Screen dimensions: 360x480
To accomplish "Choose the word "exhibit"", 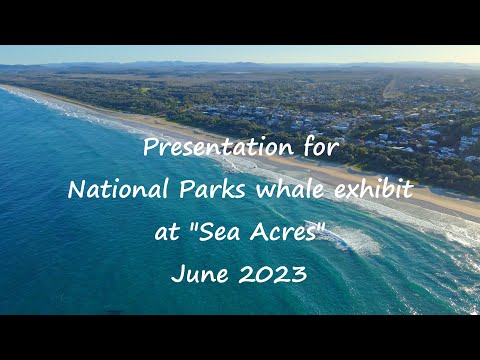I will coord(371,190).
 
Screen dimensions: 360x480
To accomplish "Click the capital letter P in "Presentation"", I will coord(150,148).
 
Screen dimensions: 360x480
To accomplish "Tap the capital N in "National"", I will coord(76,190).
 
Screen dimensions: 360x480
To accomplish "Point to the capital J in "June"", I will coord(175,273).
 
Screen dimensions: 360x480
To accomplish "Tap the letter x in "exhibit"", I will coord(346,191).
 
